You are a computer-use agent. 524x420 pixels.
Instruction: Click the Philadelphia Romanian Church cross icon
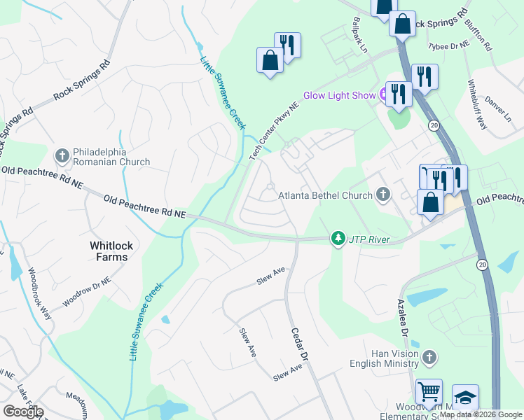point(62,155)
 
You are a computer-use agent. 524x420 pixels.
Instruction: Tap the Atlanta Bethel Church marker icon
point(383,195)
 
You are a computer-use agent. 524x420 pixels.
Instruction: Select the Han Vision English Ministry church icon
point(429,358)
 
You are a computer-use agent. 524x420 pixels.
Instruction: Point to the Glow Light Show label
point(340,96)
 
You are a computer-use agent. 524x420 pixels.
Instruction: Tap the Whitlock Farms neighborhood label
point(109,251)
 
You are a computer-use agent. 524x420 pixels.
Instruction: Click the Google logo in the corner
point(22,412)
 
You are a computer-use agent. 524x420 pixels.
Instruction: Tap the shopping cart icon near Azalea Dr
point(429,393)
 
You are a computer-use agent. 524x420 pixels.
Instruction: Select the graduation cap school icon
point(465,397)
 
